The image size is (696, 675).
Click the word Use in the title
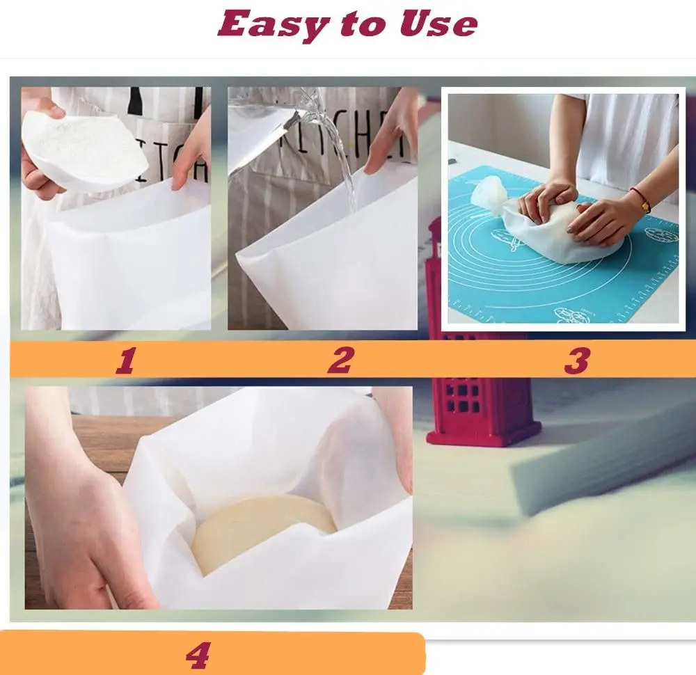coord(438,24)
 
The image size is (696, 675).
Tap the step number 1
coord(125,360)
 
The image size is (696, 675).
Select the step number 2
coord(340,360)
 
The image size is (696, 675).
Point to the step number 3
coord(576,360)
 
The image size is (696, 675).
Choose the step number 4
coord(198,654)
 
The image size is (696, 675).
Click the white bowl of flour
coord(84,146)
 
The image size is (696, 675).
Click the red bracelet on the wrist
coord(641,199)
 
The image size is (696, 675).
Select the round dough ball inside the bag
coord(264,529)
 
